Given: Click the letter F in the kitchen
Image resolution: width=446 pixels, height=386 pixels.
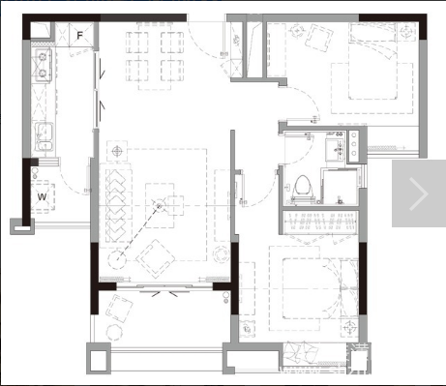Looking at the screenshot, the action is coord(79,35).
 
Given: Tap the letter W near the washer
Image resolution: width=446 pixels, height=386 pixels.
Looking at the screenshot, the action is coord(43,196).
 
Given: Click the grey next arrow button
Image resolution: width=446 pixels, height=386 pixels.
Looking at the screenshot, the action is coord(419,193).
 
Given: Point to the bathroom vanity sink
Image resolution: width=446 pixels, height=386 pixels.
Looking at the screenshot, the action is coord(336,150).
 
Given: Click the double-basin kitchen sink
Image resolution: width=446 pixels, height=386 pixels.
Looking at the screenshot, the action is coord(44,136).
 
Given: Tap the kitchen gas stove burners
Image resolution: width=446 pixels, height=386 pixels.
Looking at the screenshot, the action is coord(43,65).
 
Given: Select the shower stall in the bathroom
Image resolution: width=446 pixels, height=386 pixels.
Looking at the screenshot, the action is coord(340,187).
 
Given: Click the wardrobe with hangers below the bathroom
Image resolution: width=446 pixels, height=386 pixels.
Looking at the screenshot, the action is coord(320,221).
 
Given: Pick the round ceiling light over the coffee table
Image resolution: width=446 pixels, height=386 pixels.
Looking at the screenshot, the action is coord(159,206).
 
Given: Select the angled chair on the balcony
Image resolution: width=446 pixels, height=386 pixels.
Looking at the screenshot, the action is coord(119,309).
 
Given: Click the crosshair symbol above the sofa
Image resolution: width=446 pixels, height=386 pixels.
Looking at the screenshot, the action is coord(117,151).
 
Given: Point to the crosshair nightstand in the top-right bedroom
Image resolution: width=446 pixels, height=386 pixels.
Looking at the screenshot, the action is coord(405,32).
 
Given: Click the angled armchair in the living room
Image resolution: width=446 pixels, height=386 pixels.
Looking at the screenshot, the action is coord(156,259).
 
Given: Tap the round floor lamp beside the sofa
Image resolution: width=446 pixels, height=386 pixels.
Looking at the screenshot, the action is coord(116,259).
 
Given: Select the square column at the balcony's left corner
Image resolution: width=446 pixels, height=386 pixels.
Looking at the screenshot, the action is coord(99,358).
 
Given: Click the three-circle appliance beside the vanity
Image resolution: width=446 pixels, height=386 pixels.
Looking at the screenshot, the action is coord(353,144).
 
